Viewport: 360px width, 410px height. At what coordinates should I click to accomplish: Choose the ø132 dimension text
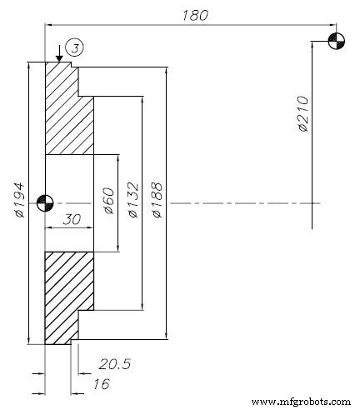coord(134,201)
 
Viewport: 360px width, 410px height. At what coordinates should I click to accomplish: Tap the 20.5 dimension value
coord(114,363)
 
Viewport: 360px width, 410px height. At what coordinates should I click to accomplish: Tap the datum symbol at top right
coord(335,42)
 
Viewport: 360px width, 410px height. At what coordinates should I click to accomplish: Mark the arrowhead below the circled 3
coord(57,57)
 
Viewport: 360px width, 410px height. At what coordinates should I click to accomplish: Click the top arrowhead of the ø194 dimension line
coord(29,65)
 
